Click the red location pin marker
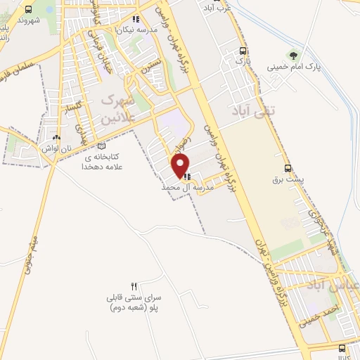click(181, 165)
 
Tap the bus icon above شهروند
click(28, 10)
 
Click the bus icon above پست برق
click(288, 168)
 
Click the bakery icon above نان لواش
click(56, 137)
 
